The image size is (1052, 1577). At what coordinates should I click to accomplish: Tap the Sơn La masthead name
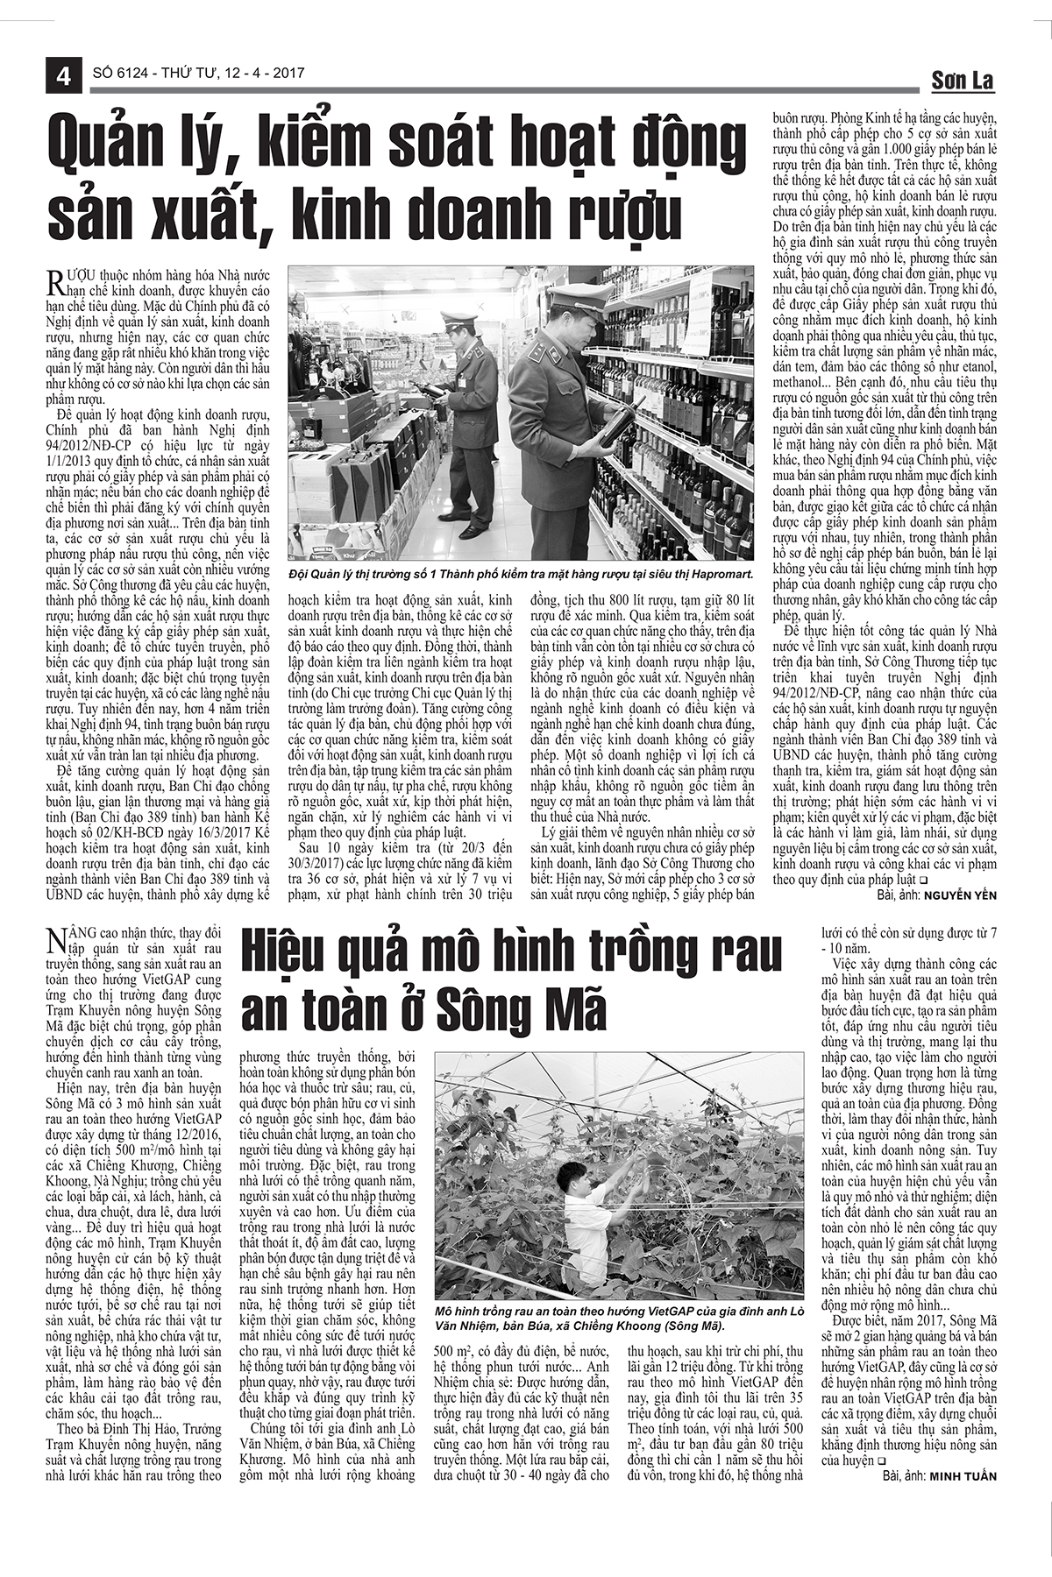(962, 81)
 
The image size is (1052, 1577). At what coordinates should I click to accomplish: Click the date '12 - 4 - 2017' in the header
(263, 74)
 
